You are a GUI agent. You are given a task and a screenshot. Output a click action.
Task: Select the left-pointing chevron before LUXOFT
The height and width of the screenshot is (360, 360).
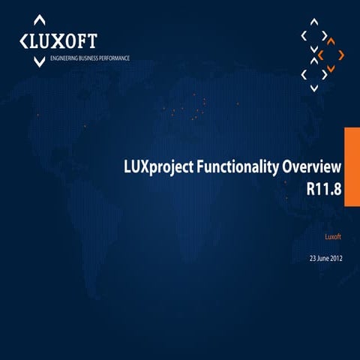point(24,39)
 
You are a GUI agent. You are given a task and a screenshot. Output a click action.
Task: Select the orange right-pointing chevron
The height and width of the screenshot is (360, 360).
point(341,55)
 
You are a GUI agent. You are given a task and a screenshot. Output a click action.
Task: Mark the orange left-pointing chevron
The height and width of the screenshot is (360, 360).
point(321,55)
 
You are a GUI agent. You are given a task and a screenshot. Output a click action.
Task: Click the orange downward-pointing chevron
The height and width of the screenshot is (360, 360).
point(331,69)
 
